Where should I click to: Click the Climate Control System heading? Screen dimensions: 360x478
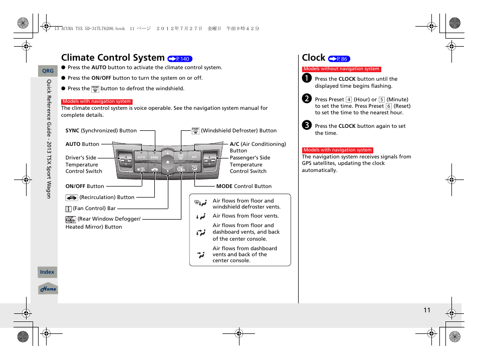pyautogui.click(x=113, y=58)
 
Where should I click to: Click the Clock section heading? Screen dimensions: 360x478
pyautogui.click(x=314, y=58)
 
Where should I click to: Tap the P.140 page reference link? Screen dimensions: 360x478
pyautogui.click(x=180, y=59)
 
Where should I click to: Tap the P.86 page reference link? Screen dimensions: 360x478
pyautogui.click(x=339, y=59)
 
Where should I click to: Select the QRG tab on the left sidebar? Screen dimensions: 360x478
pyautogui.click(x=48, y=71)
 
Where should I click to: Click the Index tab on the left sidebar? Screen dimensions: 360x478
pyautogui.click(x=47, y=272)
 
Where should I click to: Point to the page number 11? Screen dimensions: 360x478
pyautogui.click(x=426, y=310)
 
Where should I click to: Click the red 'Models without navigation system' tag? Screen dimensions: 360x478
pyautogui.click(x=341, y=69)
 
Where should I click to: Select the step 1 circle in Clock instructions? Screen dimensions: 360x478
pyautogui.click(x=307, y=78)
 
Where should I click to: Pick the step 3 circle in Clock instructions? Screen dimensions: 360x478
pyautogui.click(x=307, y=125)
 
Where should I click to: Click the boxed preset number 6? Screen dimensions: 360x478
pyautogui.click(x=388, y=106)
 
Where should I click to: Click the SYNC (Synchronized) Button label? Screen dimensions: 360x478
pyautogui.click(x=101, y=131)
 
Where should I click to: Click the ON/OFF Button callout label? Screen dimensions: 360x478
pyautogui.click(x=85, y=187)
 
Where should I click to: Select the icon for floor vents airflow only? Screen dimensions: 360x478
pyautogui.click(x=201, y=217)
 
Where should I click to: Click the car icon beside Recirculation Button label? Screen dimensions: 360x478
pyautogui.click(x=71, y=198)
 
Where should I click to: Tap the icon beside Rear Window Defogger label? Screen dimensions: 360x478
pyautogui.click(x=70, y=219)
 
